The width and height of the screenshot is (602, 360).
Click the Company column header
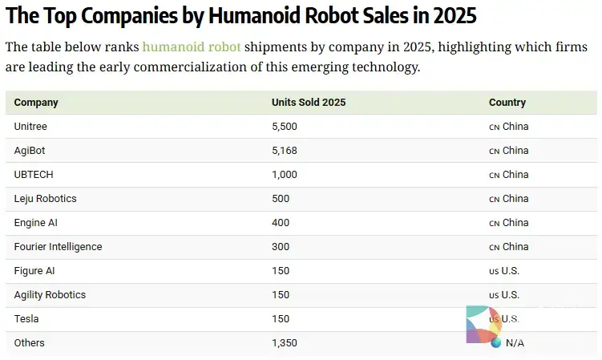(36, 103)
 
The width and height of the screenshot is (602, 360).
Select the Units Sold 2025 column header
(309, 103)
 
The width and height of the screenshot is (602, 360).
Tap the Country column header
(507, 103)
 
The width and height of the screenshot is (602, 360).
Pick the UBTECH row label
(34, 175)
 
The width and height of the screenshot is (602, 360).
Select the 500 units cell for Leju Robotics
(281, 199)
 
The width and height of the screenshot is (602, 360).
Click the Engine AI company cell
(37, 223)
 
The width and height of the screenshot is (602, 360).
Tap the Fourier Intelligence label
(58, 247)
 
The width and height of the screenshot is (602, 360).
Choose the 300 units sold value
(281, 247)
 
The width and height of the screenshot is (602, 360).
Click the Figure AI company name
(34, 271)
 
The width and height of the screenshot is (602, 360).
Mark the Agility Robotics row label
(50, 295)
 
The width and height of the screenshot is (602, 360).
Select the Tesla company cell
(26, 319)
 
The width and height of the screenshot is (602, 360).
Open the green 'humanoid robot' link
(192, 47)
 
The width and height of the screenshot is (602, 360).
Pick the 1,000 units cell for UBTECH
(285, 175)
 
